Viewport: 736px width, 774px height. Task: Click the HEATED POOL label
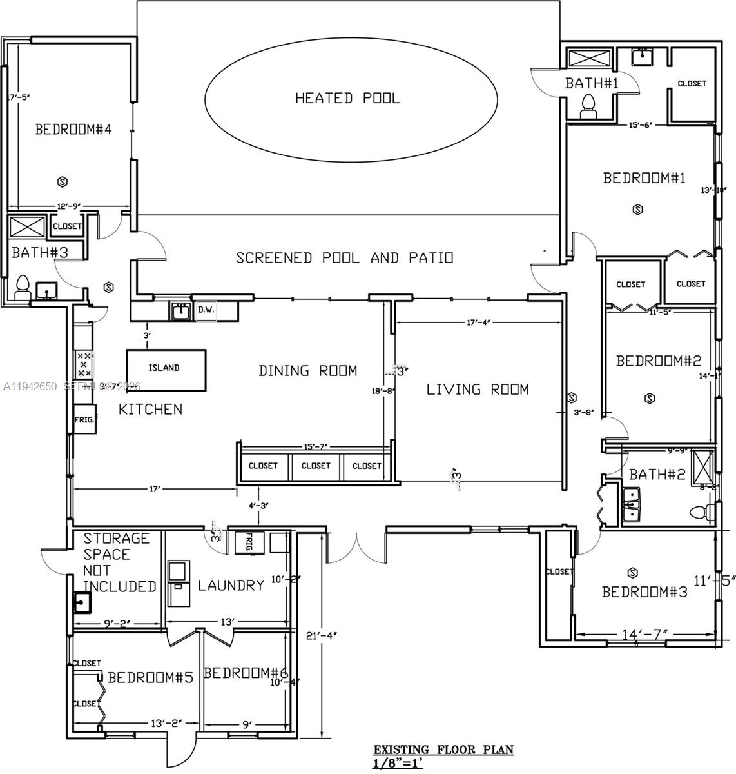click(x=347, y=98)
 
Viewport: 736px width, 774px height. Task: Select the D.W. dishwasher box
click(x=206, y=310)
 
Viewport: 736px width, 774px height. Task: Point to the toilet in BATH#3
click(x=23, y=288)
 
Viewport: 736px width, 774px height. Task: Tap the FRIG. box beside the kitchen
click(x=84, y=419)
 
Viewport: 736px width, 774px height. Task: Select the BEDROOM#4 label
click(x=73, y=130)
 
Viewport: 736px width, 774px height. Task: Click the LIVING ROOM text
click(x=478, y=389)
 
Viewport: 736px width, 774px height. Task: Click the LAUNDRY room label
click(x=231, y=585)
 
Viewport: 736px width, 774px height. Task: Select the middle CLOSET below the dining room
click(x=316, y=466)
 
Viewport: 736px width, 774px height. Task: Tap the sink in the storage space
click(x=82, y=602)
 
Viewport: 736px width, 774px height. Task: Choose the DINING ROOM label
click(x=307, y=371)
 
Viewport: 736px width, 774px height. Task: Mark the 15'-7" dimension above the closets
click(x=316, y=447)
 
